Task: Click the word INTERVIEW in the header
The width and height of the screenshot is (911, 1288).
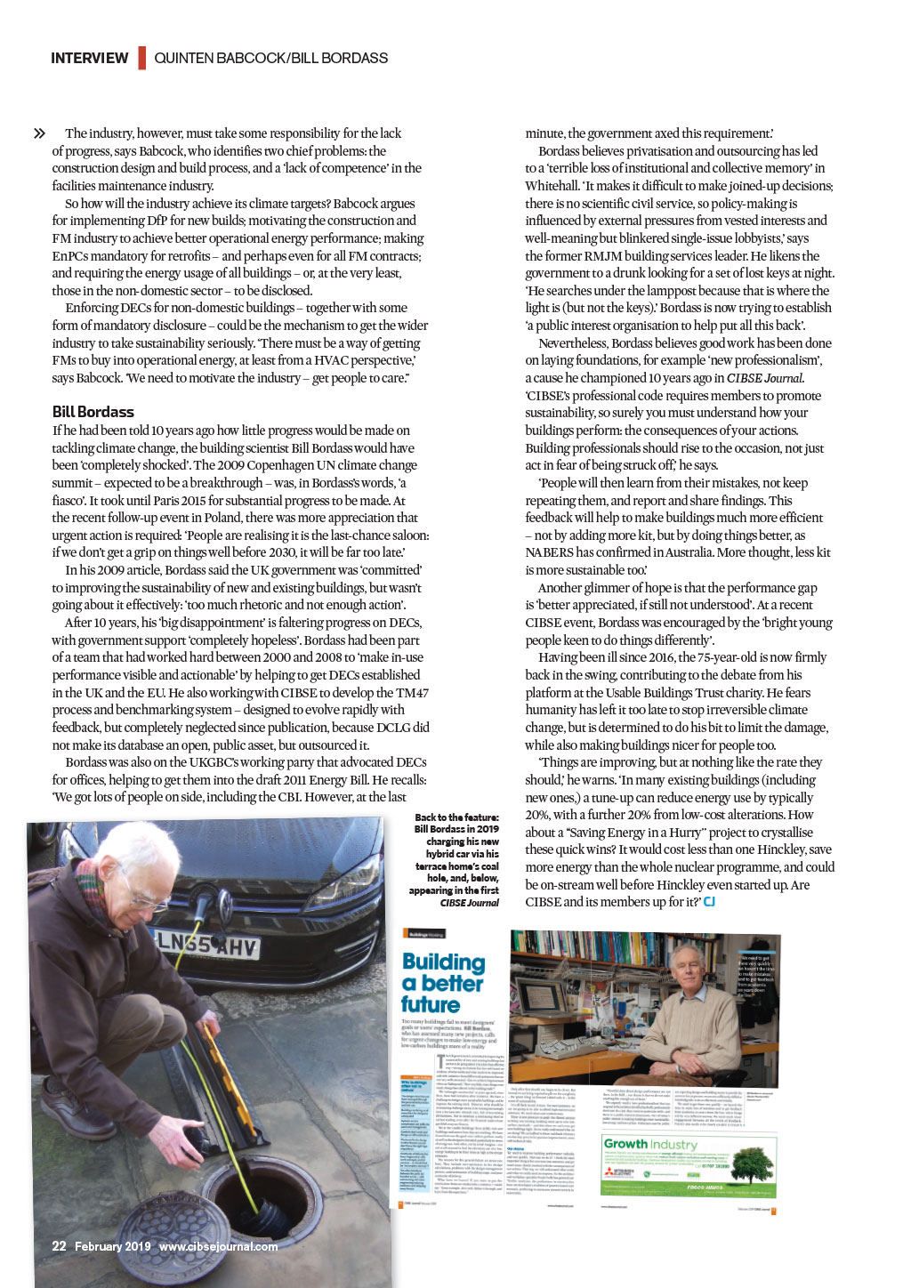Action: coord(89,59)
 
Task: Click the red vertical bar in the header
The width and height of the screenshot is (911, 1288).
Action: coord(141,59)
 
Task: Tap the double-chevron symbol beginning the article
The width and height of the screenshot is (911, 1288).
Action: coord(39,133)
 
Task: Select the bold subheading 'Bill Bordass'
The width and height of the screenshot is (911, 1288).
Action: coord(93,412)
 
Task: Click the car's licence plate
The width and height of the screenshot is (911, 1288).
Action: coord(207,944)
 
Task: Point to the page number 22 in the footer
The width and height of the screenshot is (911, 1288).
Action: coord(59,1246)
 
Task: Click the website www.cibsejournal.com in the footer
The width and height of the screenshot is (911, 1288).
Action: coord(218,1246)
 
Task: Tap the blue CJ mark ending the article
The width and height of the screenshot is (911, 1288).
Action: coord(709,902)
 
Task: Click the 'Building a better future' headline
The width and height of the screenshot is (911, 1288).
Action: coord(443,983)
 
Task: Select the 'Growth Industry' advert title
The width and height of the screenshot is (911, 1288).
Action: coord(650,1144)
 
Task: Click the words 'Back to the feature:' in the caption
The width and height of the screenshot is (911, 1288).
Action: coord(456,817)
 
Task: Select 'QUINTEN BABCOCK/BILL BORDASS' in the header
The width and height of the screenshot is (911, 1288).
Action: coord(270,59)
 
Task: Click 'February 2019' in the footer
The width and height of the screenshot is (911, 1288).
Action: coord(112,1246)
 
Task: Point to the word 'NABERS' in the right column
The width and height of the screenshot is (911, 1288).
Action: coord(550,552)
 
